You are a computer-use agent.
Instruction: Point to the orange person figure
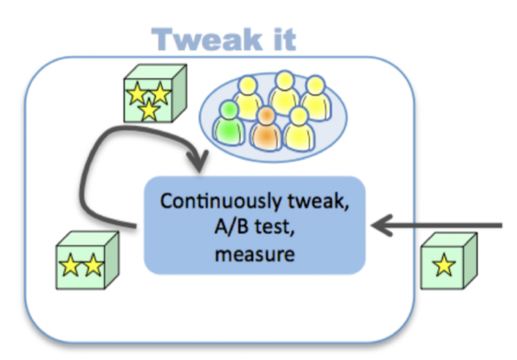coord(267,129)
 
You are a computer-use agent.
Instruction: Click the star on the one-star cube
coord(444,266)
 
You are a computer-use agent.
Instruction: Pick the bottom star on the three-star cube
coord(148,111)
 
